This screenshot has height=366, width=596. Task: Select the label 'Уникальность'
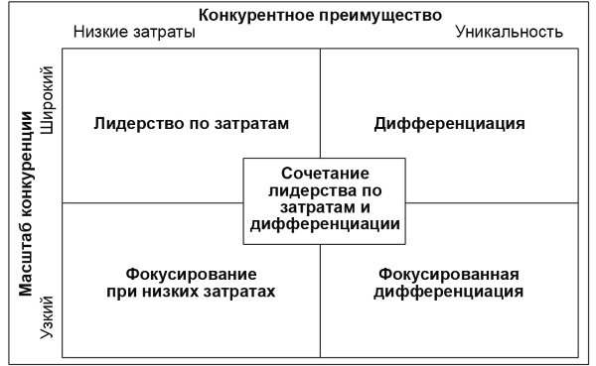(x=510, y=32)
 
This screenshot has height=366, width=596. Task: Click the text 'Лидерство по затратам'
(x=192, y=124)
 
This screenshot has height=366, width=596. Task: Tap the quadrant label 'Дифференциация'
(x=450, y=124)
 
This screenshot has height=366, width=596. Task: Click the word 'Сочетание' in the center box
(x=325, y=172)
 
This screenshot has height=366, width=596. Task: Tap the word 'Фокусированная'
(x=450, y=274)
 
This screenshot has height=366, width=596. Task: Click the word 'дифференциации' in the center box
(x=325, y=225)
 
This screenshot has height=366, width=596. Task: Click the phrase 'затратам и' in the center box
(x=325, y=207)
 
